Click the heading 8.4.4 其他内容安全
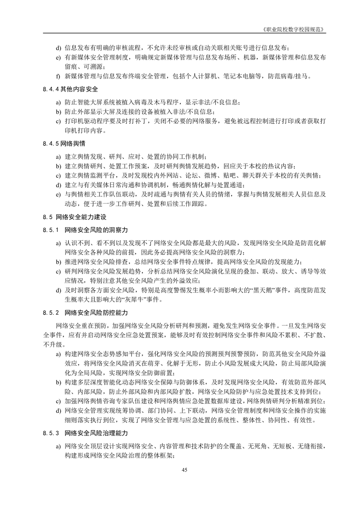point(69,89)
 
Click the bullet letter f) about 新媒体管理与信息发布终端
point(58,76)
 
